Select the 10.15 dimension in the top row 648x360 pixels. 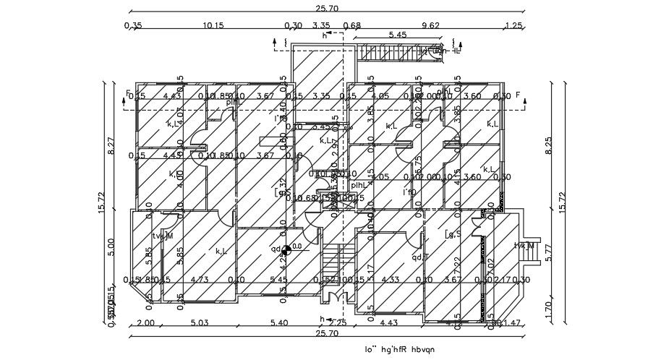point(213,25)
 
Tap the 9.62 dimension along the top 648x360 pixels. point(430,25)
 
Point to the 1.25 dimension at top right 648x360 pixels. point(513,25)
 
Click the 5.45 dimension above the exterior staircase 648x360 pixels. point(398,35)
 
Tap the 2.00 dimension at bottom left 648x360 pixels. point(145,322)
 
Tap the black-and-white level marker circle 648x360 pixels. point(286,250)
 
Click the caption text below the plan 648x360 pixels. point(403,350)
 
